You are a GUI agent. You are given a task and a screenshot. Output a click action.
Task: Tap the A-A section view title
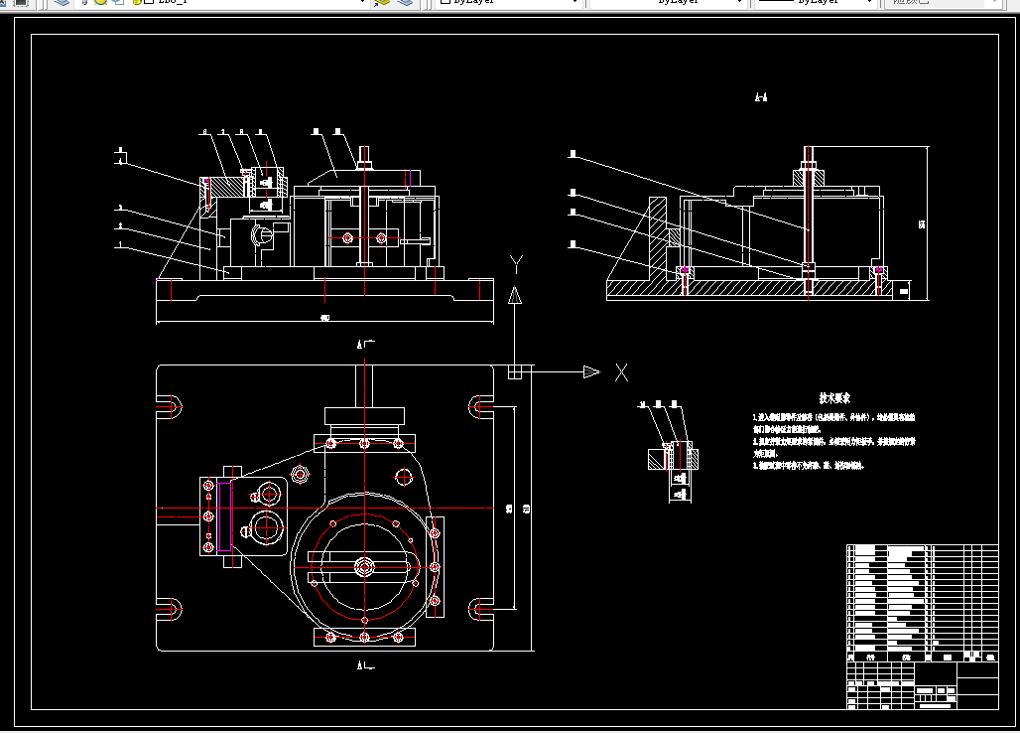[x=761, y=97]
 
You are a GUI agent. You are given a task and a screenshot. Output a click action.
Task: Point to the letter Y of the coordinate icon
[x=516, y=263]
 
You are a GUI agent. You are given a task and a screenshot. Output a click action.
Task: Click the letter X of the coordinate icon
[x=621, y=372]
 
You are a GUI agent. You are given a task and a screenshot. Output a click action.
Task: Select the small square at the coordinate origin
[x=514, y=371]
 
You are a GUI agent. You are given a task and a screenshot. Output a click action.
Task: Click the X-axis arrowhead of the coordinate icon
[x=591, y=371]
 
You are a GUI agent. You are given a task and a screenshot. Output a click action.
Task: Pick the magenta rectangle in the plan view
[x=224, y=514]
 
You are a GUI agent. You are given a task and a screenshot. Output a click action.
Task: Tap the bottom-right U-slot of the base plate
[x=480, y=608]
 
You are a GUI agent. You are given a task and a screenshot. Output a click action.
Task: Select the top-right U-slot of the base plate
[x=480, y=405]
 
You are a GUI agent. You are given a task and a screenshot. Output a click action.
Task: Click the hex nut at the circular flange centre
[x=364, y=567]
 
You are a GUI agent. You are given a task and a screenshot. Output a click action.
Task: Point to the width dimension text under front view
[x=324, y=318]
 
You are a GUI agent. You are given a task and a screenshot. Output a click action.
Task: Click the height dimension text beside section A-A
[x=922, y=223]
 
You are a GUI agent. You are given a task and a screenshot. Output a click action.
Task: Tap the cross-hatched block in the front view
[x=226, y=186]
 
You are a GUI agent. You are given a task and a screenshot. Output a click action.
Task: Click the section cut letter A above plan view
[x=359, y=346]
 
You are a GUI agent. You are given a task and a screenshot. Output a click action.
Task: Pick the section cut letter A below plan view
[x=359, y=663]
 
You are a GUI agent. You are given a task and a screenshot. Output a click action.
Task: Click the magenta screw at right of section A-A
[x=879, y=270]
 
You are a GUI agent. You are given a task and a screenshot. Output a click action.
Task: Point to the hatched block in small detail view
[x=654, y=458]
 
